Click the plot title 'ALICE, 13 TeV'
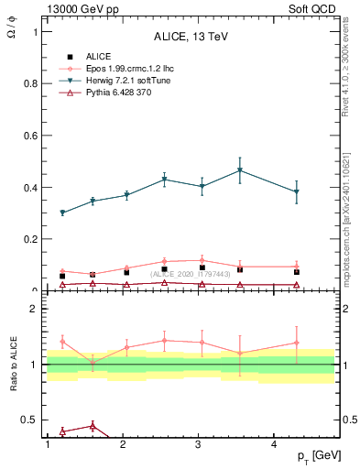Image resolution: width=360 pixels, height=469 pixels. (x=190, y=37)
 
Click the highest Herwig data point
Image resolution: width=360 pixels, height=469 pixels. (x=240, y=170)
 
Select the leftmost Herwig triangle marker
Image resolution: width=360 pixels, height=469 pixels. (x=62, y=213)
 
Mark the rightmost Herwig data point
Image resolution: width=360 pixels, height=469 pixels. (x=297, y=192)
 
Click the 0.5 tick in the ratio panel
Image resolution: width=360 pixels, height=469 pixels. (x=30, y=420)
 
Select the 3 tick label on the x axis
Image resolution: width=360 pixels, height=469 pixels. (x=199, y=444)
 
